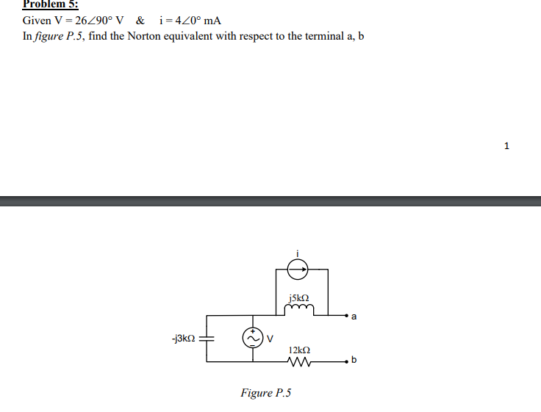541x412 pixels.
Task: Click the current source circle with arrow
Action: coord(298,270)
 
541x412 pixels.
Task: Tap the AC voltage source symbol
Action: coord(254,338)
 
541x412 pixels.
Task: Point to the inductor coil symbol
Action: coord(301,310)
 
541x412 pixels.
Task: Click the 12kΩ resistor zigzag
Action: coord(301,362)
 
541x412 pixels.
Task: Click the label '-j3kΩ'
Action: coord(183,339)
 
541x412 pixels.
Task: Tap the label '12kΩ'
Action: coord(299,350)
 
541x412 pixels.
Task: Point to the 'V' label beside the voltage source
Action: coord(270,339)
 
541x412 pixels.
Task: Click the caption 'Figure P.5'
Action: coord(265,393)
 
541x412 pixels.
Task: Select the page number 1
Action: coord(506,145)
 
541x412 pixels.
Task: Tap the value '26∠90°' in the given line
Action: coord(87,20)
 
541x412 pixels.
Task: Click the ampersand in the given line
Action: coord(140,20)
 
